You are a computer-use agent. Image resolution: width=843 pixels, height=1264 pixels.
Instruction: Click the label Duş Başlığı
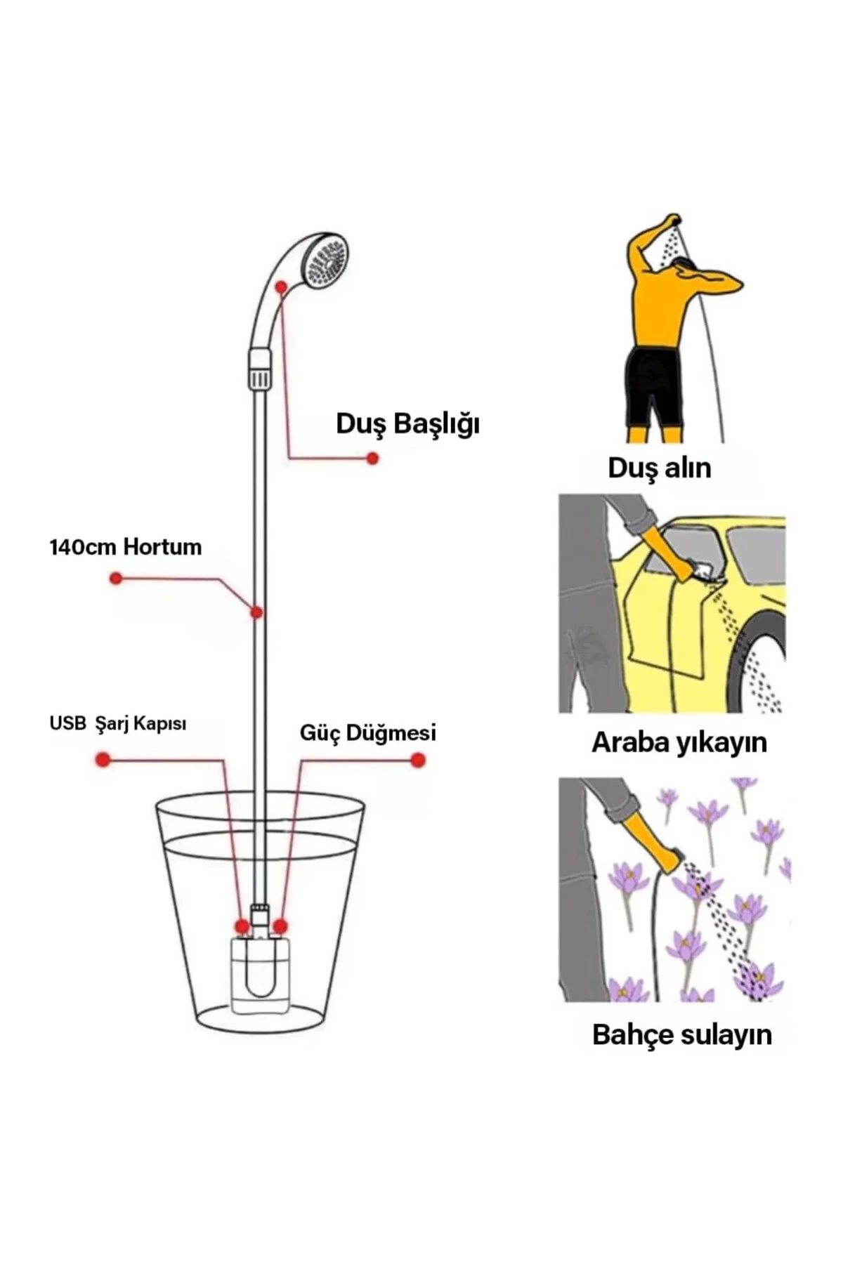[x=407, y=425]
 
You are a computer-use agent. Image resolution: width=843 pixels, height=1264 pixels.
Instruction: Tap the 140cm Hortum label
[x=126, y=547]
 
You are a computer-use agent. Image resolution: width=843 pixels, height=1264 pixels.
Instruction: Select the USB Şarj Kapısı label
[x=118, y=723]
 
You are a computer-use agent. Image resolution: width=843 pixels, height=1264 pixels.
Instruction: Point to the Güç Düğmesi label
[x=368, y=732]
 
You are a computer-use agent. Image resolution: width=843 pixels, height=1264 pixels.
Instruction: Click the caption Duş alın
[x=660, y=468]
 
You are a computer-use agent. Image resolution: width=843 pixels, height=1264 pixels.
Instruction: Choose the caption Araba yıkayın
[x=679, y=743]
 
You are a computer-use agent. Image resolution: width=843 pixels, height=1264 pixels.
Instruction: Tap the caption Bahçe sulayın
[x=682, y=1034]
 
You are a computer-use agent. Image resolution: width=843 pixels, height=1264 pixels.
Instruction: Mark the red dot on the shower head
[x=281, y=287]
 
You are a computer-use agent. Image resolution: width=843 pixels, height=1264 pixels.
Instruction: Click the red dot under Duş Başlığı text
[x=373, y=459]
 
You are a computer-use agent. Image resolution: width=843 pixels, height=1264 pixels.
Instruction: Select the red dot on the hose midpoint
[x=257, y=613]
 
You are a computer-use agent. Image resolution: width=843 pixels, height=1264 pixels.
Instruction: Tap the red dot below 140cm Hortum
[x=116, y=579]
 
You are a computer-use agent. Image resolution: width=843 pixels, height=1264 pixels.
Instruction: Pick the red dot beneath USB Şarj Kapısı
[x=103, y=760]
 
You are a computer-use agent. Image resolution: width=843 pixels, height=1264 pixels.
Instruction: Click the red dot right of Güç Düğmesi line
[x=418, y=760]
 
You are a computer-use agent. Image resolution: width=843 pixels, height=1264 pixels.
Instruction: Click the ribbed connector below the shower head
[x=260, y=369]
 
